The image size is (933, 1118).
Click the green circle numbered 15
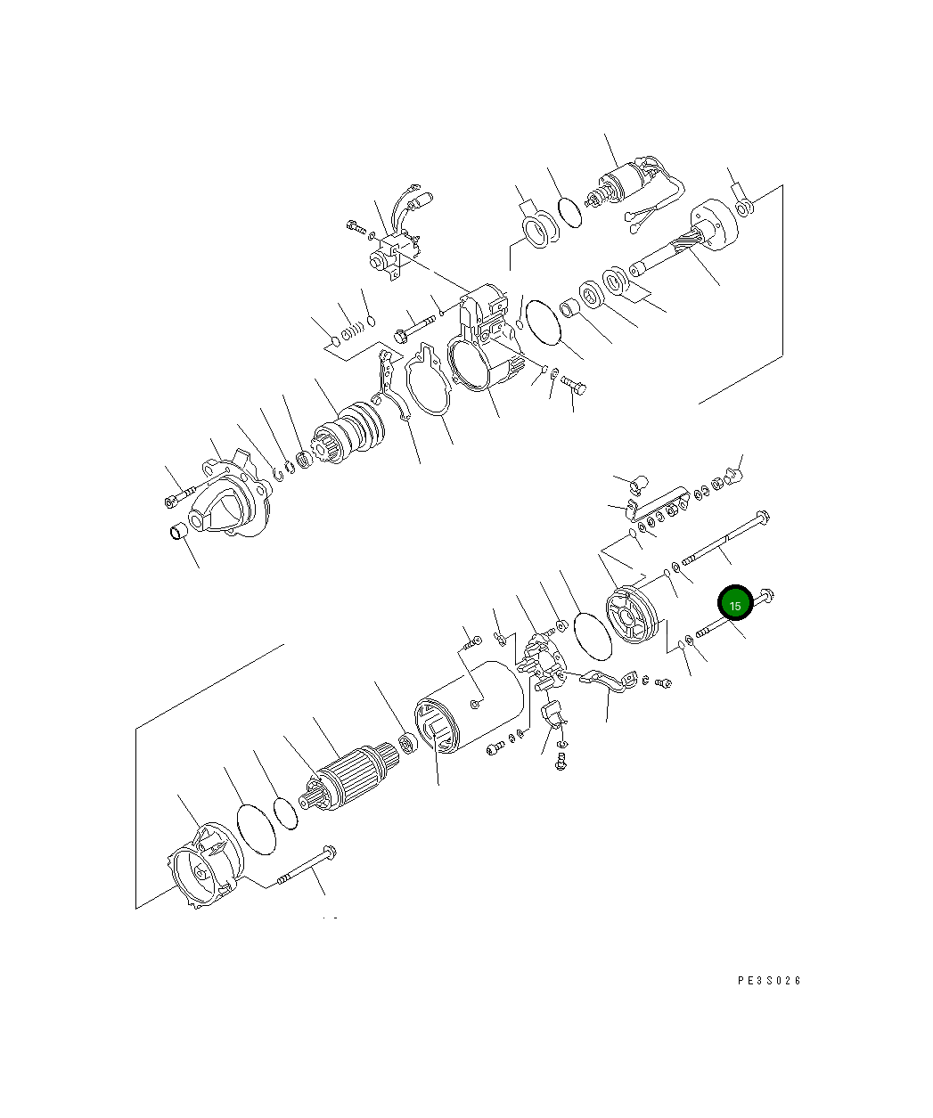click(735, 603)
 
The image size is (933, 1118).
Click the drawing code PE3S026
click(768, 981)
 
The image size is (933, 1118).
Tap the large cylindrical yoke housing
click(469, 706)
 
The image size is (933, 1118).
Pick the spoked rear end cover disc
click(632, 615)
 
